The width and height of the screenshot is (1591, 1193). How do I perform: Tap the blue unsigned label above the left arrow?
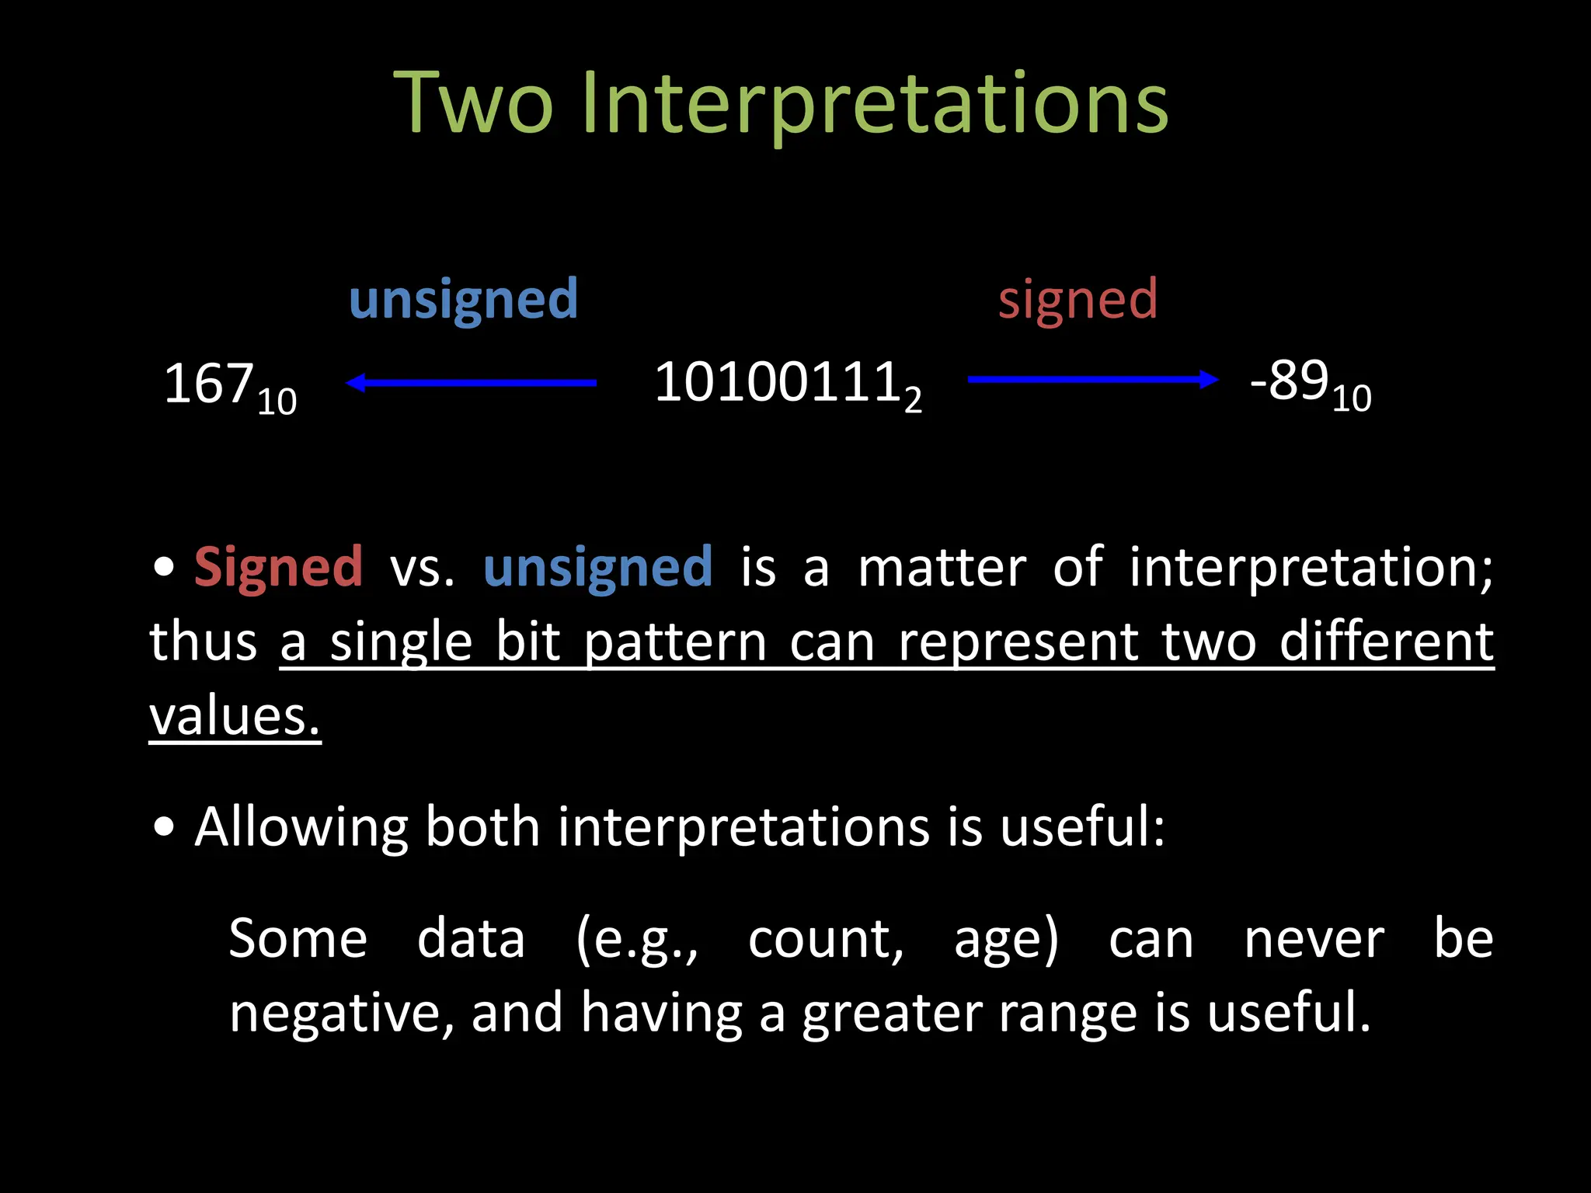[x=463, y=300]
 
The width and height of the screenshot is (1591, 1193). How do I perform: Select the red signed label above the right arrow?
[x=1077, y=300]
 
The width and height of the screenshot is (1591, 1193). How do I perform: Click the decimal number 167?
[x=209, y=384]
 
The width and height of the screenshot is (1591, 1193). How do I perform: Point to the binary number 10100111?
[x=777, y=382]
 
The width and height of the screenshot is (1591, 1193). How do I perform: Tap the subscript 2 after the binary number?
[x=913, y=400]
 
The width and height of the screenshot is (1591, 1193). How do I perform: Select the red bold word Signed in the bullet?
[x=278, y=567]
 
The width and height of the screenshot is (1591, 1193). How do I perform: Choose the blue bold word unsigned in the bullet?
[x=597, y=567]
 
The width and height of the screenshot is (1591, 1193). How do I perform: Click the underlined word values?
[x=234, y=716]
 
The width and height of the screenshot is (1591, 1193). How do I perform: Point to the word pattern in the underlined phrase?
[x=675, y=643]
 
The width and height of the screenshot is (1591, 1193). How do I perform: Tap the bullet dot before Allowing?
[x=164, y=828]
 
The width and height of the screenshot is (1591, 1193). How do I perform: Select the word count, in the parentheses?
[x=826, y=940]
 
